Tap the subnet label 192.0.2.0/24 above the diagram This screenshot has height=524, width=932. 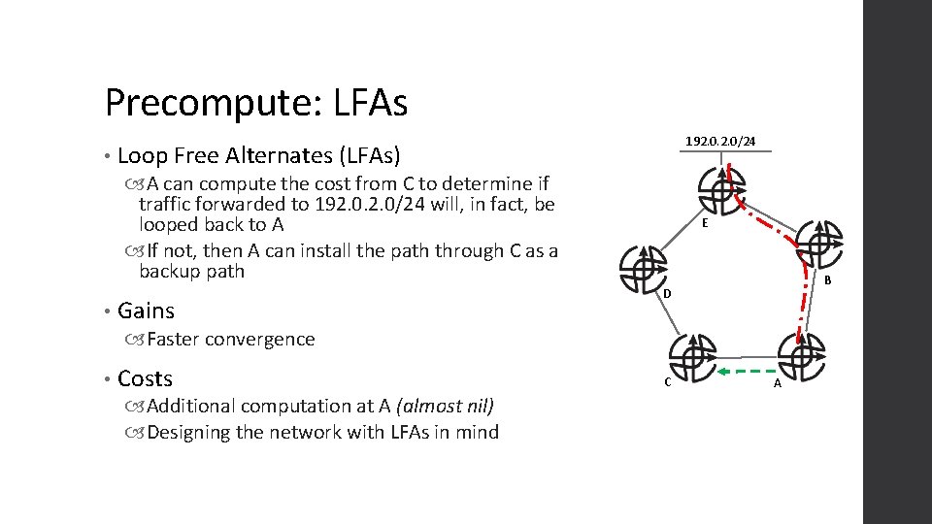tap(719, 142)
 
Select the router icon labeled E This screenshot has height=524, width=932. tap(720, 188)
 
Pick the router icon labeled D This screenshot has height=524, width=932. tap(642, 266)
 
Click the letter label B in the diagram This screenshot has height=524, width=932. tap(827, 281)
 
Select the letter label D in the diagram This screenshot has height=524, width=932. tap(668, 293)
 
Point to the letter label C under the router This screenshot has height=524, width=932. tap(667, 382)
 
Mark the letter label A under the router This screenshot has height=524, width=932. tap(777, 384)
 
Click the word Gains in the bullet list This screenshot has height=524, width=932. tap(146, 311)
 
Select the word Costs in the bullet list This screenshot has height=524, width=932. tap(145, 378)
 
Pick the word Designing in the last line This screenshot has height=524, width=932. tap(190, 432)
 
